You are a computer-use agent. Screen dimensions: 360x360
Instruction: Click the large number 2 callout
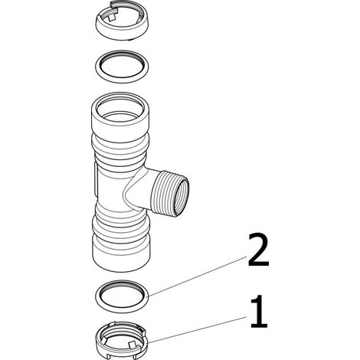click(x=258, y=250)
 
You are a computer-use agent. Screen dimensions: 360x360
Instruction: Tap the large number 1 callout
click(x=259, y=311)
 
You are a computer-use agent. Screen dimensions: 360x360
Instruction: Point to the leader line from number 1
click(x=198, y=329)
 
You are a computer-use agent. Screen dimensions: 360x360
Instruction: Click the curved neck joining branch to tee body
click(x=136, y=189)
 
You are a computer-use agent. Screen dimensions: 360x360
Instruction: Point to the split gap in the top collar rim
click(x=113, y=6)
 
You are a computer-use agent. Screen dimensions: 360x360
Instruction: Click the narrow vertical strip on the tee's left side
click(x=96, y=178)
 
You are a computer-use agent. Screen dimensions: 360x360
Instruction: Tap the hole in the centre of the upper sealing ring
click(x=123, y=67)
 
